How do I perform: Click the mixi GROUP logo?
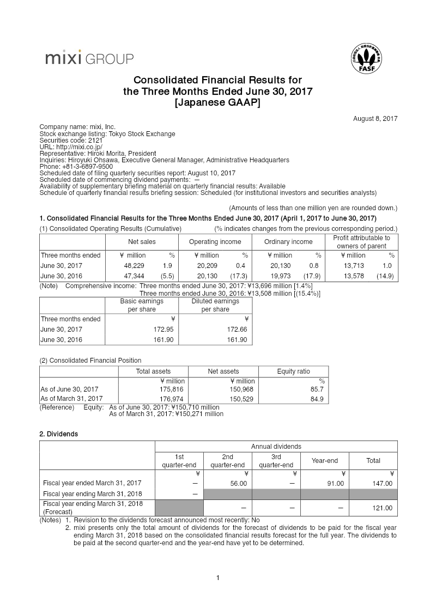(x=89, y=58)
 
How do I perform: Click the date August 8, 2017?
(x=376, y=118)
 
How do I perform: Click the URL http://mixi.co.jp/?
(x=75, y=147)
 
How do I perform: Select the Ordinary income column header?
(x=288, y=242)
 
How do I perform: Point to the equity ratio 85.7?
(x=317, y=389)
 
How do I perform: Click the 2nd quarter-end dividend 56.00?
(x=239, y=483)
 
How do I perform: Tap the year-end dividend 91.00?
(x=335, y=483)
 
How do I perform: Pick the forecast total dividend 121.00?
(x=381, y=508)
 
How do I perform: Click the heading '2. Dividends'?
(x=58, y=434)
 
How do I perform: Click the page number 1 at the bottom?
(x=218, y=578)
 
